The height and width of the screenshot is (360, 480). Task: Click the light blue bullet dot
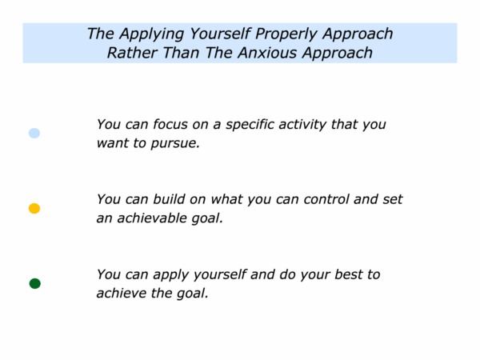pyautogui.click(x=34, y=133)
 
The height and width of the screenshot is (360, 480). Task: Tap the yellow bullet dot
pyautogui.click(x=34, y=209)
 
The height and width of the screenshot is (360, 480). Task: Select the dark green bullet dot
pyautogui.click(x=35, y=283)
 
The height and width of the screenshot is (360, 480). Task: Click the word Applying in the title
pyautogui.click(x=151, y=34)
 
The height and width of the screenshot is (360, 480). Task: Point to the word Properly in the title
pyautogui.click(x=286, y=34)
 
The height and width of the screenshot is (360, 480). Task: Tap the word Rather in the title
pyautogui.click(x=132, y=53)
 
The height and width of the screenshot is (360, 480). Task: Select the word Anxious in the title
pyautogui.click(x=267, y=53)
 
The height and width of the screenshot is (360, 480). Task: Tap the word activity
pyautogui.click(x=302, y=126)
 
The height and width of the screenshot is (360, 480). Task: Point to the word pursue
pyautogui.click(x=175, y=144)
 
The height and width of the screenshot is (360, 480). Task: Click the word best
pyautogui.click(x=348, y=274)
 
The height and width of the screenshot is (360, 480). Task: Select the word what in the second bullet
pyautogui.click(x=226, y=199)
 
